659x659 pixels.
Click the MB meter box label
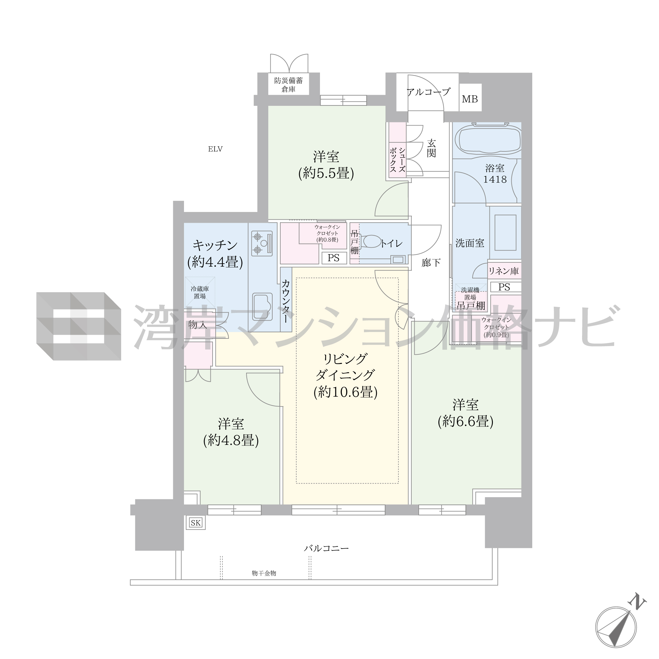click(x=470, y=99)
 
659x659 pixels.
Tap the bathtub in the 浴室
click(x=487, y=140)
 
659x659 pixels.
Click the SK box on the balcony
click(x=196, y=523)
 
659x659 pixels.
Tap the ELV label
click(x=215, y=149)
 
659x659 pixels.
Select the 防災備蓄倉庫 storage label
click(x=288, y=85)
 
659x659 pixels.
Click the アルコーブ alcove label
click(x=428, y=91)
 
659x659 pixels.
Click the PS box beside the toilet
click(x=333, y=258)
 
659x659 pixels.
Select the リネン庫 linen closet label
click(x=504, y=271)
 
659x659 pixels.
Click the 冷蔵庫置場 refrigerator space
click(x=200, y=292)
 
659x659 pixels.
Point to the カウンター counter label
click(x=286, y=302)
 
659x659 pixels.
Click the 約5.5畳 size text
click(x=326, y=174)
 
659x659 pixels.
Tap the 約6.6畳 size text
click(x=465, y=422)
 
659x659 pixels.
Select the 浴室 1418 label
click(x=495, y=174)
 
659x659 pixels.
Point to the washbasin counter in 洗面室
click(x=505, y=233)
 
